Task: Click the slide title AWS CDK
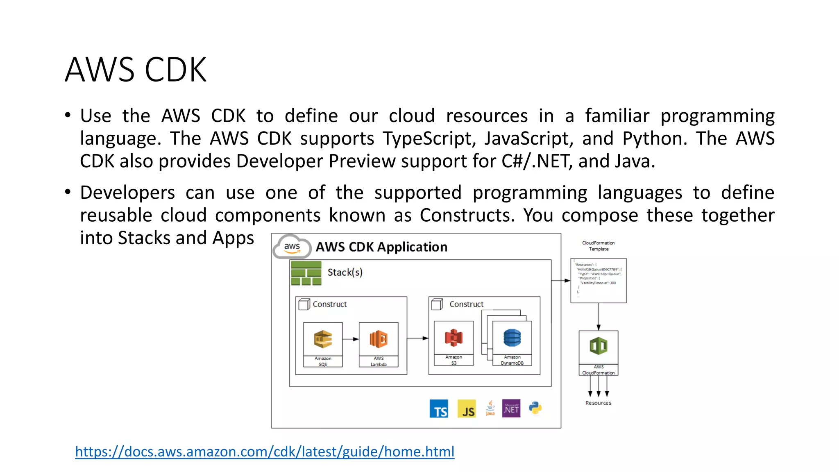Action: point(136,70)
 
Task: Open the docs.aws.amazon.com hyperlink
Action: point(265,452)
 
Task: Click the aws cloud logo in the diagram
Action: point(292,246)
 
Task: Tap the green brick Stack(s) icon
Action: point(306,273)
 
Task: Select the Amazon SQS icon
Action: point(323,339)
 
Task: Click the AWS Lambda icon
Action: point(379,339)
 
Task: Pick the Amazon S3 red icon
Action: point(454,338)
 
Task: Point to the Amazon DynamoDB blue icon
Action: point(512,338)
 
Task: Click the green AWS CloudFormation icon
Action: point(599,347)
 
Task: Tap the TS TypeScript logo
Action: point(439,409)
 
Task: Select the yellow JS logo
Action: point(467,409)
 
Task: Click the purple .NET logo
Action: point(511,408)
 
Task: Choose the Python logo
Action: point(535,408)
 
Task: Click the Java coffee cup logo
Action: point(490,408)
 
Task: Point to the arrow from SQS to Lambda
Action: point(351,339)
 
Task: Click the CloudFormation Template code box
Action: point(599,281)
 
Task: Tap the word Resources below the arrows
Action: point(598,403)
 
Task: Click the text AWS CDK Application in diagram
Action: point(381,247)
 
